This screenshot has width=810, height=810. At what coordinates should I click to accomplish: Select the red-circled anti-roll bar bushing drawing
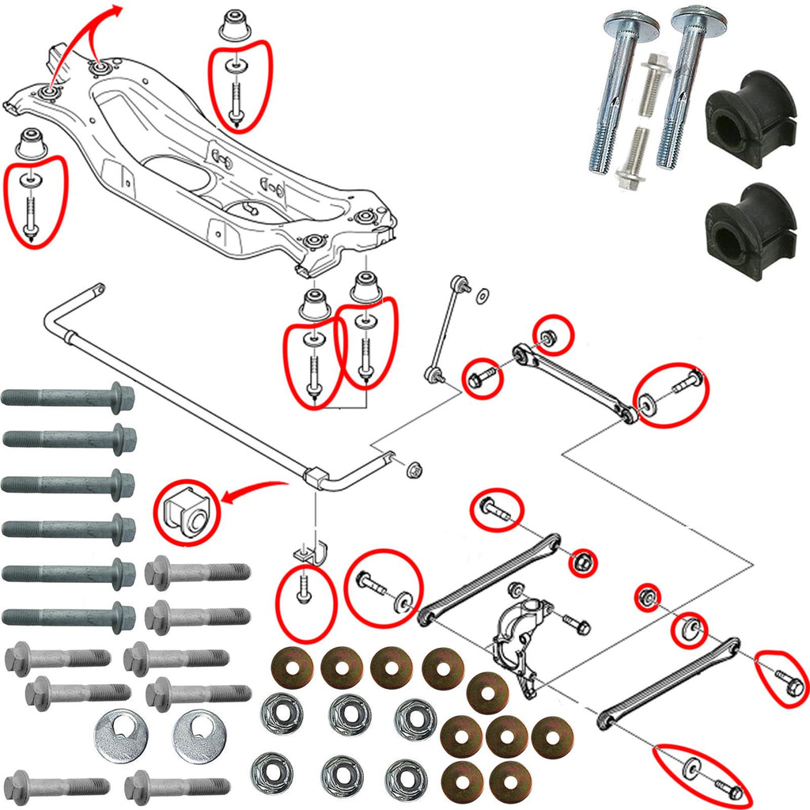(x=185, y=513)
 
